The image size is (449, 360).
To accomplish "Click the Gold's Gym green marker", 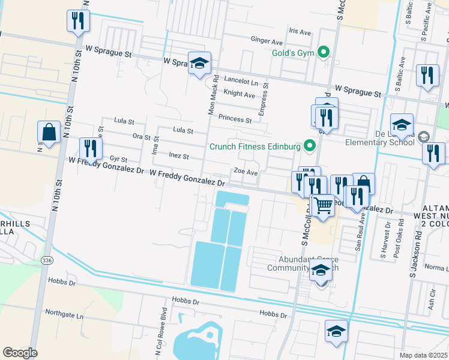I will tap(324, 52).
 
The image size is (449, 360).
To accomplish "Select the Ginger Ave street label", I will tap(267, 42).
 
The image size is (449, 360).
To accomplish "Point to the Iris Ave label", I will tap(300, 31).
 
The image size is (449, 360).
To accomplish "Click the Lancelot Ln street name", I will tap(241, 80).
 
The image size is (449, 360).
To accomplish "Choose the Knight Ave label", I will tap(239, 94).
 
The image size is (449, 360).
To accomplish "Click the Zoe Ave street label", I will tap(246, 172).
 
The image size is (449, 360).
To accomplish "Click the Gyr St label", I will tap(118, 159).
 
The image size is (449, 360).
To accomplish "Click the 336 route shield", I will tap(47, 261).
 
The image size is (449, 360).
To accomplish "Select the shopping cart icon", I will tap(323, 205).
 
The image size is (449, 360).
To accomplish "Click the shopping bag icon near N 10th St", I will tap(49, 132).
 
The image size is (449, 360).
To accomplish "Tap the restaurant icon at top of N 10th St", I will tap(79, 22).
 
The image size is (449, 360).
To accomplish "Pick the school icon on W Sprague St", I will tap(199, 62).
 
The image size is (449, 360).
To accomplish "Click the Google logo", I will tap(20, 353).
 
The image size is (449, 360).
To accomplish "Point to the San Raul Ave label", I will tap(360, 237).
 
